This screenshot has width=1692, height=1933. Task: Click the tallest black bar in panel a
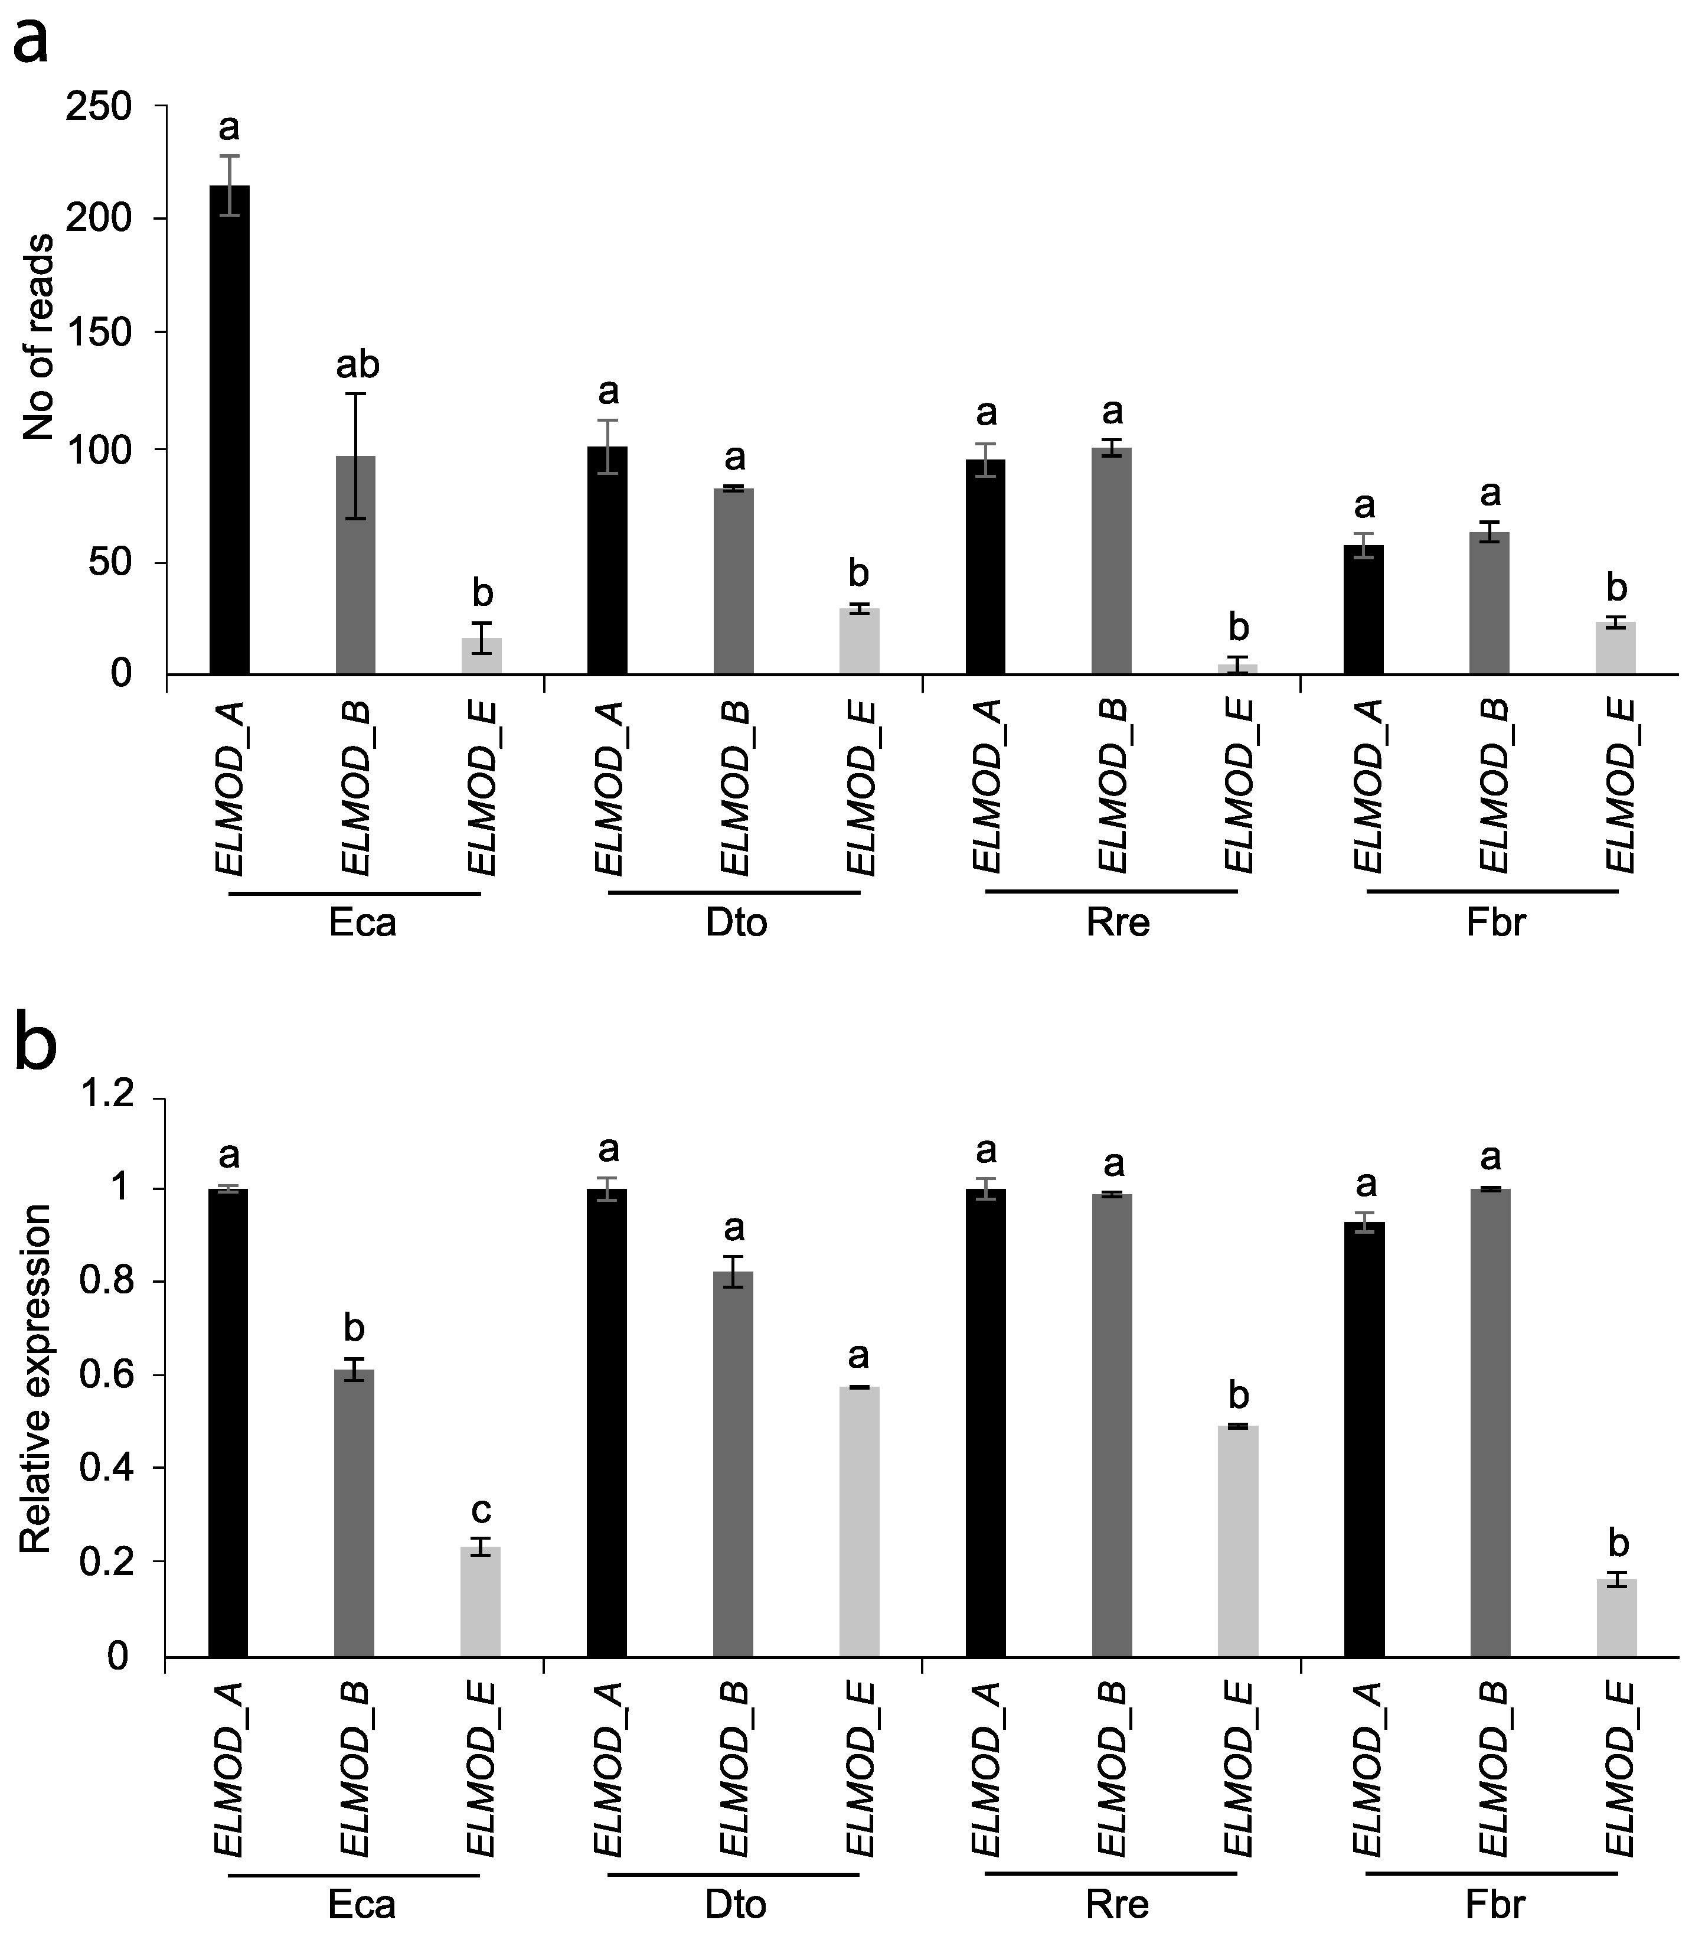[230, 430]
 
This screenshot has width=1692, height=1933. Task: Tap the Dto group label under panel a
[736, 923]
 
